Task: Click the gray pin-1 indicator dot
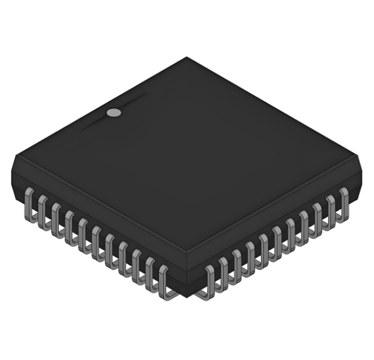(114, 111)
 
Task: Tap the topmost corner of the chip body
(187, 58)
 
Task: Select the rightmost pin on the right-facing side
(344, 203)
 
